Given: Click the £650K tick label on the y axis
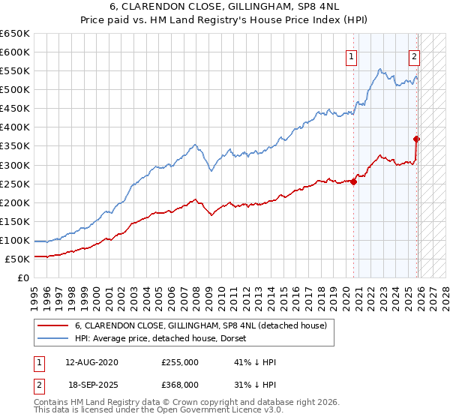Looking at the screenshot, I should click(15, 34).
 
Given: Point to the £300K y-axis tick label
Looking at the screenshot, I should click(15, 165).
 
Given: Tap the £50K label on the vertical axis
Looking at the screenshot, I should click(17, 259).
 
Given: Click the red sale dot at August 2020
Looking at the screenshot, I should click(354, 181).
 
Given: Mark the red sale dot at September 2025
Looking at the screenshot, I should click(417, 139).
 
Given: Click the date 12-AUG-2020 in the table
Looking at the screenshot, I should click(91, 362).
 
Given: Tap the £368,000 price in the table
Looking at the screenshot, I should click(180, 384).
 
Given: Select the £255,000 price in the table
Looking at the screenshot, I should click(180, 362).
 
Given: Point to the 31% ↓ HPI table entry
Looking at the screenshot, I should click(255, 384).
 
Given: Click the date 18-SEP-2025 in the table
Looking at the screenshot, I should click(91, 384).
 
